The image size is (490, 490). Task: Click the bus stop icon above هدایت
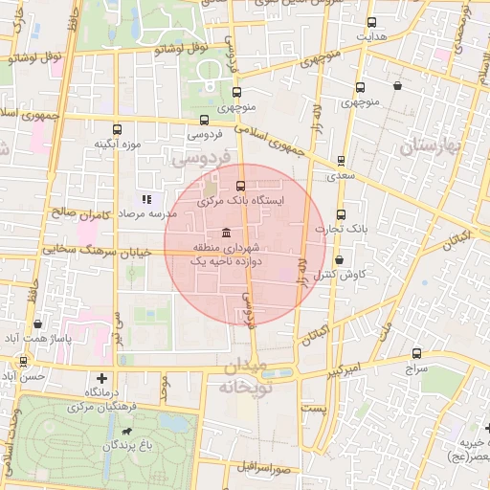coord(372,22)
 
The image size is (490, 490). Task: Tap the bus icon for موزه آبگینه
coord(118,129)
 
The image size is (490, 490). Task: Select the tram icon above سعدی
coord(341,162)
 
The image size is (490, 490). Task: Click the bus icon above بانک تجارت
coord(342,214)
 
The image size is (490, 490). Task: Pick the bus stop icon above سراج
coord(416,353)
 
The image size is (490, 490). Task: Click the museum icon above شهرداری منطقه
coord(225,234)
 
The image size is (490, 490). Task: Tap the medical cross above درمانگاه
coord(102,379)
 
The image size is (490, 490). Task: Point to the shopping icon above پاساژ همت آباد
coord(36,325)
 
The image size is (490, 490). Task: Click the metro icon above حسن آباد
coord(23,362)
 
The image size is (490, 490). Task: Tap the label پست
coord(314,409)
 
